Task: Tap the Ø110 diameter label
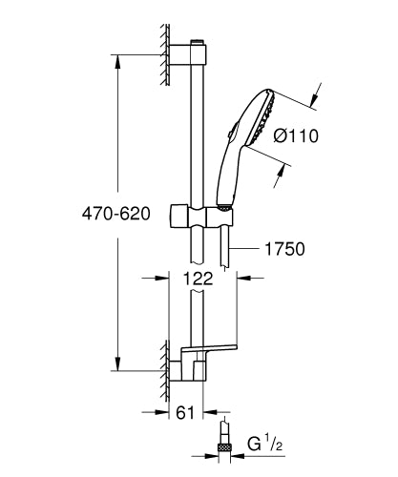(x=297, y=135)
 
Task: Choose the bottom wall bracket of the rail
(x=189, y=367)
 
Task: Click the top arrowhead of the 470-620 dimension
(x=117, y=63)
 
